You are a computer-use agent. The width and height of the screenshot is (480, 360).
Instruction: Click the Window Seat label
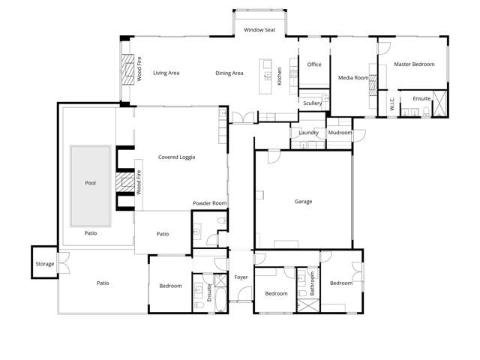pyautogui.click(x=259, y=30)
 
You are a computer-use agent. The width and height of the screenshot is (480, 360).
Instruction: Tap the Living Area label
pyautogui.click(x=166, y=73)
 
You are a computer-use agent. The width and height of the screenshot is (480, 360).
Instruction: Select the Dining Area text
pyautogui.click(x=229, y=73)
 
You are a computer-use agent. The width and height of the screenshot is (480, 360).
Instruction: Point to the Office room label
pyautogui.click(x=314, y=64)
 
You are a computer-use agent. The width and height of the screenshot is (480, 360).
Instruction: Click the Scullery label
pyautogui.click(x=312, y=103)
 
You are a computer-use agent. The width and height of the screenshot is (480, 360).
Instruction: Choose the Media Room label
pyautogui.click(x=352, y=77)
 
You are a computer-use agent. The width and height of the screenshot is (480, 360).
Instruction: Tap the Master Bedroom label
pyautogui.click(x=414, y=64)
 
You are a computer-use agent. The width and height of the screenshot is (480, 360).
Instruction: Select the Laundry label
pyautogui.click(x=309, y=133)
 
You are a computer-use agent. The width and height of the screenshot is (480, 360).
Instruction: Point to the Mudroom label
pyautogui.click(x=340, y=133)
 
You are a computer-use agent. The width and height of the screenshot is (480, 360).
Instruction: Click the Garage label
pyautogui.click(x=303, y=201)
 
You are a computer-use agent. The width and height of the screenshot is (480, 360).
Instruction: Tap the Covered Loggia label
pyautogui.click(x=177, y=157)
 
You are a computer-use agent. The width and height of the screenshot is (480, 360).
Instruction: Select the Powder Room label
pyautogui.click(x=209, y=203)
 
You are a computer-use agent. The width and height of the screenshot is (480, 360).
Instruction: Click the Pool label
pyautogui.click(x=91, y=182)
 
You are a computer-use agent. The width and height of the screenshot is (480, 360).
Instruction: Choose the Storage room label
pyautogui.click(x=44, y=264)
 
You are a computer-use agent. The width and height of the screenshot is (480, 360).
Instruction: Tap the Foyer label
pyautogui.click(x=241, y=277)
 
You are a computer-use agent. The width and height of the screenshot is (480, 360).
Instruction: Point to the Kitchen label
pyautogui.click(x=280, y=75)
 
